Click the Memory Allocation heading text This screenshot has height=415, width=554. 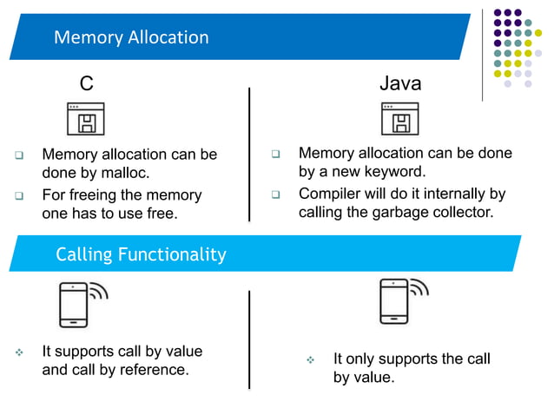point(131,37)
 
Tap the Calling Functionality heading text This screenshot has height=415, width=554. point(141,254)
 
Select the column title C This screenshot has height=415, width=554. point(86,83)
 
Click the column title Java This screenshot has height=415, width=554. point(400,83)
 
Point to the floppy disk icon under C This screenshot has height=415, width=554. point(85,119)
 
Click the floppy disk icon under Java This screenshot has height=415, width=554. point(399,119)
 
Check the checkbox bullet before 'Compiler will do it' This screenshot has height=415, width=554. point(275,194)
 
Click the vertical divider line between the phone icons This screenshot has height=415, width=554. point(250,339)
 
